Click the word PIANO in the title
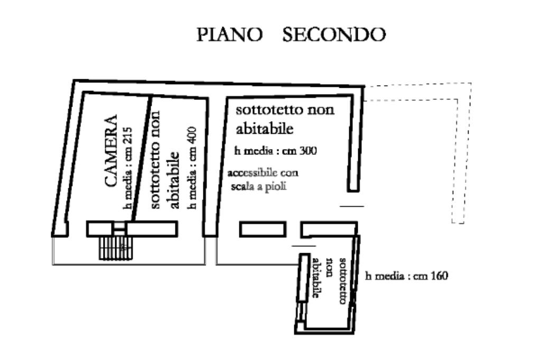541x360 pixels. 230,35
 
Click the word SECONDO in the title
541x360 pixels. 334,35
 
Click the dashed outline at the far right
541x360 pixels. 459,153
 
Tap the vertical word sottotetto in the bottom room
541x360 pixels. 342,280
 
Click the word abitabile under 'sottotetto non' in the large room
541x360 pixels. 264,128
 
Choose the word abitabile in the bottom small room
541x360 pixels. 317,279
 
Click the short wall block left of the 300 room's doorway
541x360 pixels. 263,229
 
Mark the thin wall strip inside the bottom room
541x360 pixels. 303,278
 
